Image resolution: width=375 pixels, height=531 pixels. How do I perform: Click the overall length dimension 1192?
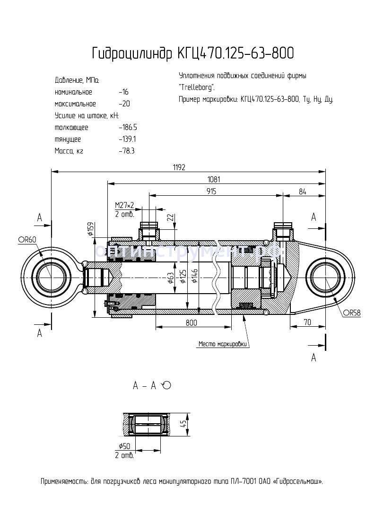(x=178, y=167)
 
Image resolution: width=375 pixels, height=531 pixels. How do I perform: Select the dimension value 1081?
(x=214, y=179)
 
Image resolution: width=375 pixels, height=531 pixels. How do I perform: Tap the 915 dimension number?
(x=211, y=191)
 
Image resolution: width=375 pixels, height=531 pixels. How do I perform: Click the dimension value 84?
(x=303, y=191)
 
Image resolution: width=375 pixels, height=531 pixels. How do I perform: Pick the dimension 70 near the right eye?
(x=307, y=322)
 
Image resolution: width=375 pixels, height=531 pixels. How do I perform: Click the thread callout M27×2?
(x=124, y=205)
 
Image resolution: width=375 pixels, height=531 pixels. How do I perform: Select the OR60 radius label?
(x=27, y=240)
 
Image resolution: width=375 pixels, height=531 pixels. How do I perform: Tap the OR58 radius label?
(x=352, y=313)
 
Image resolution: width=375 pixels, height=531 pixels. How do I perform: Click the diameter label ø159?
(x=89, y=229)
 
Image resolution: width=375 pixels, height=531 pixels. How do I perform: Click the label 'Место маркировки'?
(x=222, y=344)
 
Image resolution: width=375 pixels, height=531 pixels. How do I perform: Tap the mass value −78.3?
(x=127, y=151)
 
